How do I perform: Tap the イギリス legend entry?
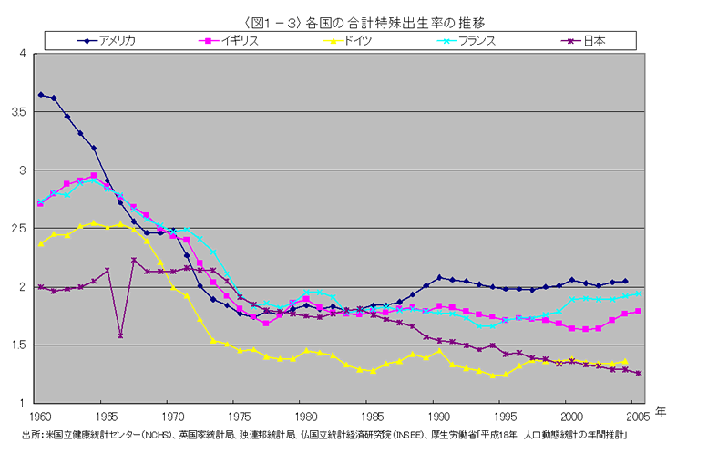point(244,40)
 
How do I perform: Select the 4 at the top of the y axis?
point(22,54)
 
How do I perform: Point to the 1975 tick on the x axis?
point(234,416)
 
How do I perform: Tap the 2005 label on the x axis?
point(633,416)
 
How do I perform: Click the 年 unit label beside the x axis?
point(661,412)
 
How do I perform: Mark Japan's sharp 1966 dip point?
point(120,335)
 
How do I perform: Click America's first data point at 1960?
point(40,95)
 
